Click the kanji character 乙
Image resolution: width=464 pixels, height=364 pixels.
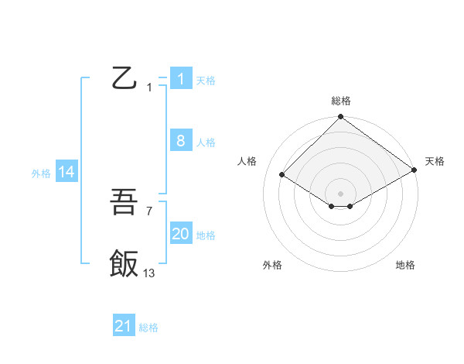click(125, 78)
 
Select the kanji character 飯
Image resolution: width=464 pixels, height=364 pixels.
click(125, 263)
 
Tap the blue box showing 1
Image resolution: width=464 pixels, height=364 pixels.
click(180, 78)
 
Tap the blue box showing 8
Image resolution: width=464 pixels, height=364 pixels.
click(180, 140)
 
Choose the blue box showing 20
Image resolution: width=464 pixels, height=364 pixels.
click(180, 234)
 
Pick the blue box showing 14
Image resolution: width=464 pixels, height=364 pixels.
click(67, 172)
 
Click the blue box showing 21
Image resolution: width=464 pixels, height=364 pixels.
click(124, 326)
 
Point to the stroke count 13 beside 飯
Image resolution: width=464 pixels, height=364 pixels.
click(148, 273)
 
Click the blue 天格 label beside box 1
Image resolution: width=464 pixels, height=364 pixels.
click(206, 81)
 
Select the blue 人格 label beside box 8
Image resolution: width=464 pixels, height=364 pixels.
click(206, 143)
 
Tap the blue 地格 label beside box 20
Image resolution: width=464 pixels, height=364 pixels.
click(206, 235)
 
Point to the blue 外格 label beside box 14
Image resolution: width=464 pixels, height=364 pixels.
click(41, 174)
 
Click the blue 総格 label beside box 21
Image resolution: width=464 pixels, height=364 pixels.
click(148, 328)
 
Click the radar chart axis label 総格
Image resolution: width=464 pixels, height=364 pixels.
click(340, 101)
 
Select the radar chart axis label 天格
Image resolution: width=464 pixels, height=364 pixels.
click(435, 161)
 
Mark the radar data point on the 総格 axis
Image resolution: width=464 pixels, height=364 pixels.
click(340, 118)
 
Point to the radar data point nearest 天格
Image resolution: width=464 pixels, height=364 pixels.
click(415, 171)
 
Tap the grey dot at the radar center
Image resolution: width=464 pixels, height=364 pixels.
click(340, 193)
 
